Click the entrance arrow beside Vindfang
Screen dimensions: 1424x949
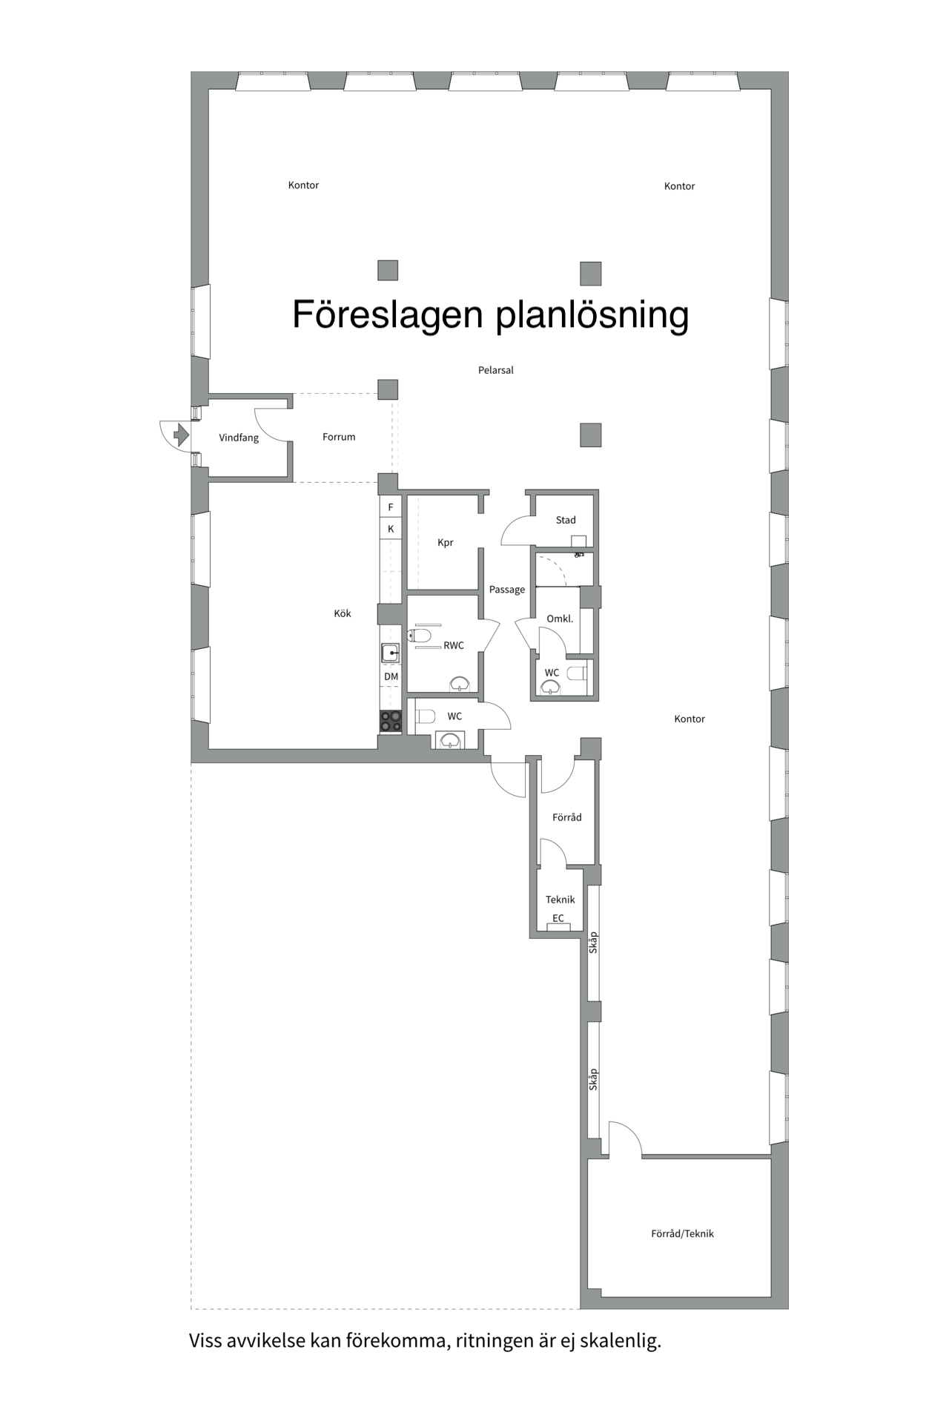[180, 434]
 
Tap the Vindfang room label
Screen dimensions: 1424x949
[239, 438]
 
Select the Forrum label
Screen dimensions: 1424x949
[339, 437]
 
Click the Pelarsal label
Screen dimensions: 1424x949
[495, 370]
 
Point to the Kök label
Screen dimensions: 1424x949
[342, 613]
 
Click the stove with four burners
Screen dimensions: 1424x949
[391, 721]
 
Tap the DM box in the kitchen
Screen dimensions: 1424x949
[391, 676]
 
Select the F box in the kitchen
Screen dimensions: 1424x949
[391, 507]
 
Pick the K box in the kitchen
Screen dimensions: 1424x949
[391, 529]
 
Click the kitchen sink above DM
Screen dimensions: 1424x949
[390, 653]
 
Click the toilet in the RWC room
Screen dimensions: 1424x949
[420, 636]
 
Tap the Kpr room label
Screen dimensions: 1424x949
[445, 542]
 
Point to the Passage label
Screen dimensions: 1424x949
[507, 590]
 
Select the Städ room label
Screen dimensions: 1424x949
[566, 520]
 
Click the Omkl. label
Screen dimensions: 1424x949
[560, 619]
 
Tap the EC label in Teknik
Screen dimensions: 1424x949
[558, 918]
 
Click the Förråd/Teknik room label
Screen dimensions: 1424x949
[682, 1233]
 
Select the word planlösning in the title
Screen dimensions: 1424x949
[592, 315]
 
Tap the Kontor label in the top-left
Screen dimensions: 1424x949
[303, 185]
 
